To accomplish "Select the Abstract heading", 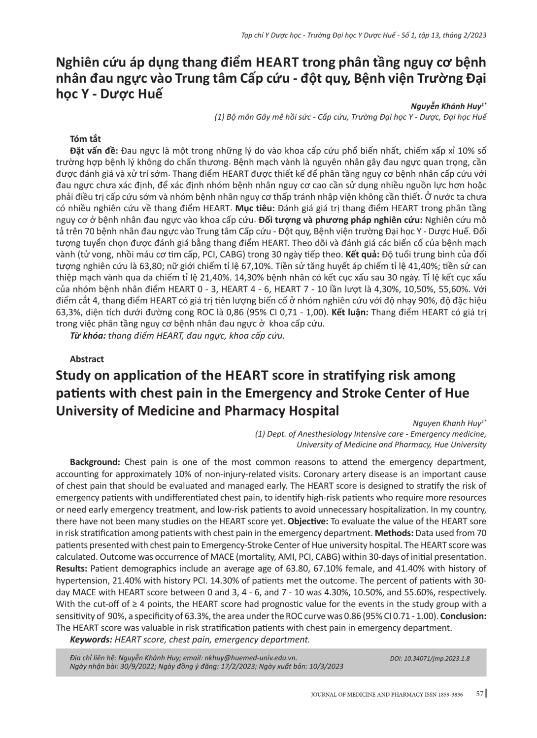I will (x=87, y=359).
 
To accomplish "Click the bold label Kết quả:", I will (x=363, y=255).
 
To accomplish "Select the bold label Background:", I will (x=95, y=462).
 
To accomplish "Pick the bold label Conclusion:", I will (x=464, y=615).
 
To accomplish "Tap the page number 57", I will (x=479, y=694).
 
